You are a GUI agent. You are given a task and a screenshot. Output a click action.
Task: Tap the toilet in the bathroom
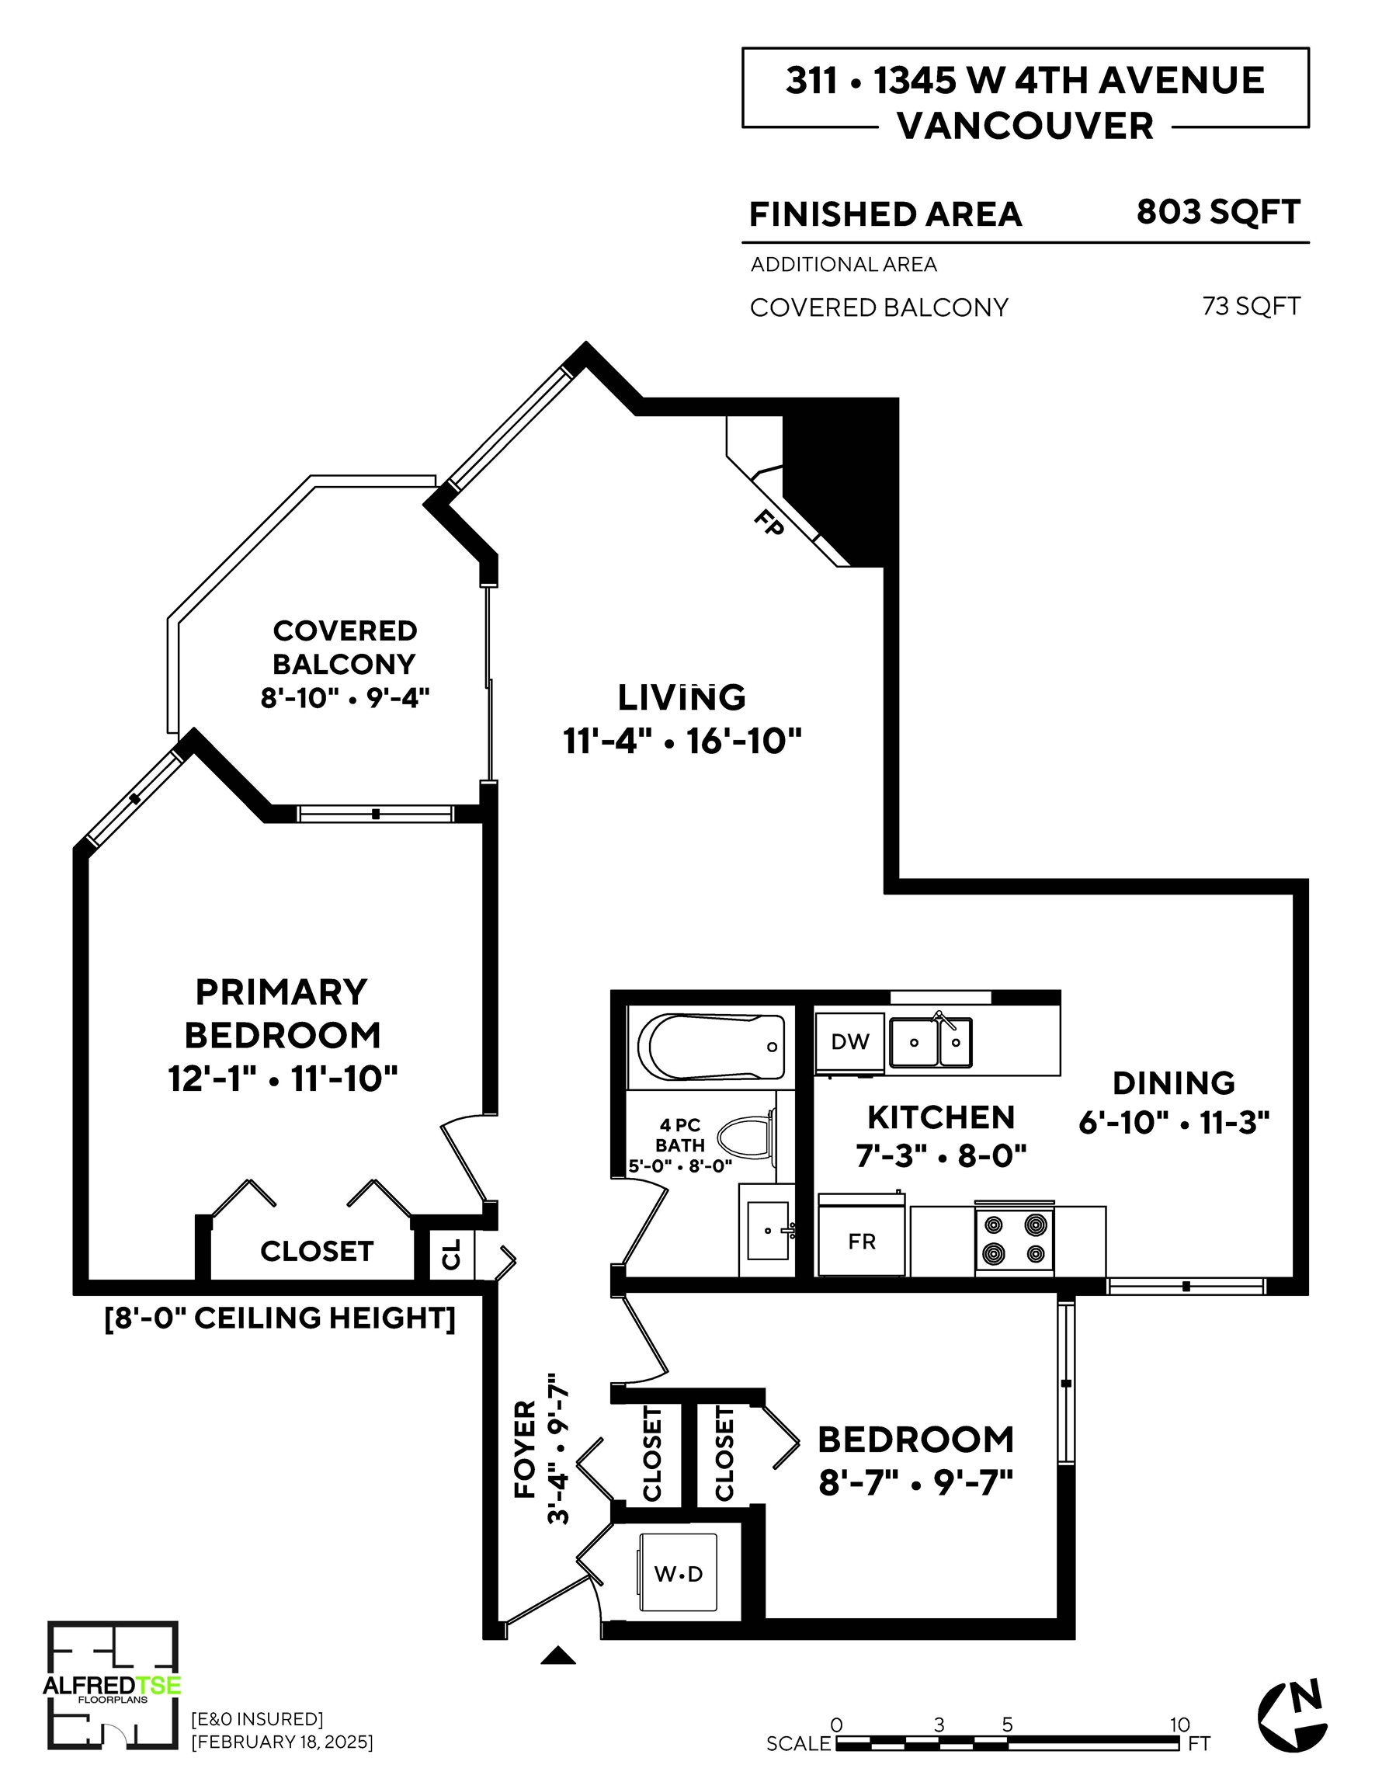(745, 1138)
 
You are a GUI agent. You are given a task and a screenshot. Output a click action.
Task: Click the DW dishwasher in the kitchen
(849, 1042)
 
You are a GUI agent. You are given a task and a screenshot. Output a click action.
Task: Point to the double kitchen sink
(932, 1041)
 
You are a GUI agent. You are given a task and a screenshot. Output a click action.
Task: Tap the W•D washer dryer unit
(679, 1574)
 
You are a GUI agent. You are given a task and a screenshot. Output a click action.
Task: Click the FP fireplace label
(769, 523)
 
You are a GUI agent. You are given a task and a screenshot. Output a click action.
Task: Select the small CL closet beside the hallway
(452, 1253)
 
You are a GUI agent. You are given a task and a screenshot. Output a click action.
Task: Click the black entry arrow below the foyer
(559, 1655)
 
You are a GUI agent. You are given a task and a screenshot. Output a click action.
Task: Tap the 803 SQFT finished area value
(1218, 212)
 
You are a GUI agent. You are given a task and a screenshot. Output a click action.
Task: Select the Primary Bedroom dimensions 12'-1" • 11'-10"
(283, 1078)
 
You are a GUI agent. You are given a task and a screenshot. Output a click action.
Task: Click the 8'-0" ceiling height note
(280, 1318)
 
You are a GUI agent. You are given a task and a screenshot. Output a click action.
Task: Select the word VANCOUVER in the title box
(1026, 126)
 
